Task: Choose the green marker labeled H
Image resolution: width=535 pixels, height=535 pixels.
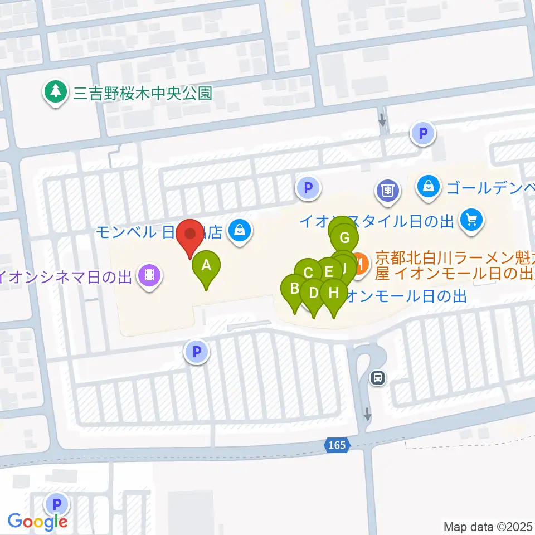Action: pos(334,294)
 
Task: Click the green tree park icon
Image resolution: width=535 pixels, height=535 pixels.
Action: pos(56,92)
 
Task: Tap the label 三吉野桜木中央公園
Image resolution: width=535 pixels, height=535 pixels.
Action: pos(143,93)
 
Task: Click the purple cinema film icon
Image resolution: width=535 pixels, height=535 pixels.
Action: pos(149,274)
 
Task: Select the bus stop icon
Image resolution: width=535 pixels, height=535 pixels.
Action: pos(378,378)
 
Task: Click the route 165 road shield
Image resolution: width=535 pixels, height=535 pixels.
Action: pos(337,445)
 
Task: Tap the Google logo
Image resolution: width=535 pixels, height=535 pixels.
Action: pos(37,522)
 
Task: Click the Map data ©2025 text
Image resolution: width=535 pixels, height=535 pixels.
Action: pos(488,526)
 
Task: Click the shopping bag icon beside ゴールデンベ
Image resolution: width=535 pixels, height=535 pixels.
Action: pos(428,187)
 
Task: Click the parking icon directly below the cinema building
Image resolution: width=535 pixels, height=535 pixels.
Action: pos(196,352)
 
